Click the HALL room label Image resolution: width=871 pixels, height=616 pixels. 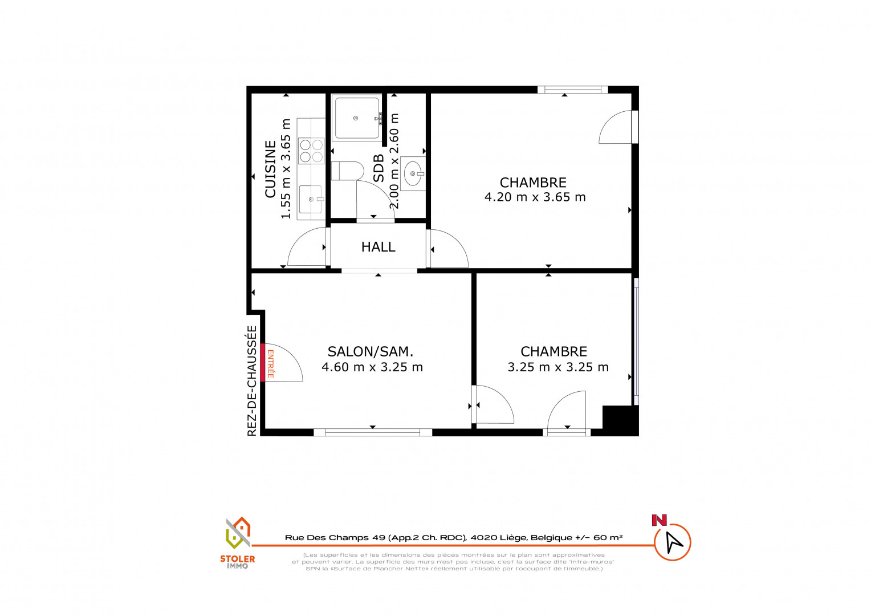pyautogui.click(x=378, y=247)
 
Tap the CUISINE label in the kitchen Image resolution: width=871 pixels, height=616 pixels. pyautogui.click(x=270, y=169)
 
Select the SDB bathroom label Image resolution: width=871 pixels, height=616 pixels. pyautogui.click(x=378, y=168)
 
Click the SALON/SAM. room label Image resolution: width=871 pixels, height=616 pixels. pyautogui.click(x=370, y=352)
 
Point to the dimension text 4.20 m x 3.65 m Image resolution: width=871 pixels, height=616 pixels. pyautogui.click(x=535, y=197)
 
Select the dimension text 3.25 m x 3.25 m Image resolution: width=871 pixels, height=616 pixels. pyautogui.click(x=558, y=367)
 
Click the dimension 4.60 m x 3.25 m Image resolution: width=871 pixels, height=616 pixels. pyautogui.click(x=372, y=367)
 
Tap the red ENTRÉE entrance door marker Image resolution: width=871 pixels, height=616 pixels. pyautogui.click(x=262, y=363)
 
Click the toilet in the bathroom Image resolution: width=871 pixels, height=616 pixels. pyautogui.click(x=347, y=171)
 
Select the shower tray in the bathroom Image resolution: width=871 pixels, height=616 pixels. pyautogui.click(x=357, y=118)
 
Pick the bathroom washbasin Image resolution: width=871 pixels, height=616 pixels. pyautogui.click(x=413, y=173)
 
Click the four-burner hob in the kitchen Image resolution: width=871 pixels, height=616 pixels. pyautogui.click(x=311, y=151)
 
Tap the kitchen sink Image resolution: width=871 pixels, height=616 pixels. pyautogui.click(x=311, y=199)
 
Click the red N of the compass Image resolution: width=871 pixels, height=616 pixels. pyautogui.click(x=660, y=520)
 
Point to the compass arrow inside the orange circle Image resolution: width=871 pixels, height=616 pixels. pyautogui.click(x=674, y=541)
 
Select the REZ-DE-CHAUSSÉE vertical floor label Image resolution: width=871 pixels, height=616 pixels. pyautogui.click(x=253, y=380)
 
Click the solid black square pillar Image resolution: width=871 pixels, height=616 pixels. pyautogui.click(x=620, y=421)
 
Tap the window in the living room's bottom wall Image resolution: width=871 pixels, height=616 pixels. pyautogui.click(x=372, y=432)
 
